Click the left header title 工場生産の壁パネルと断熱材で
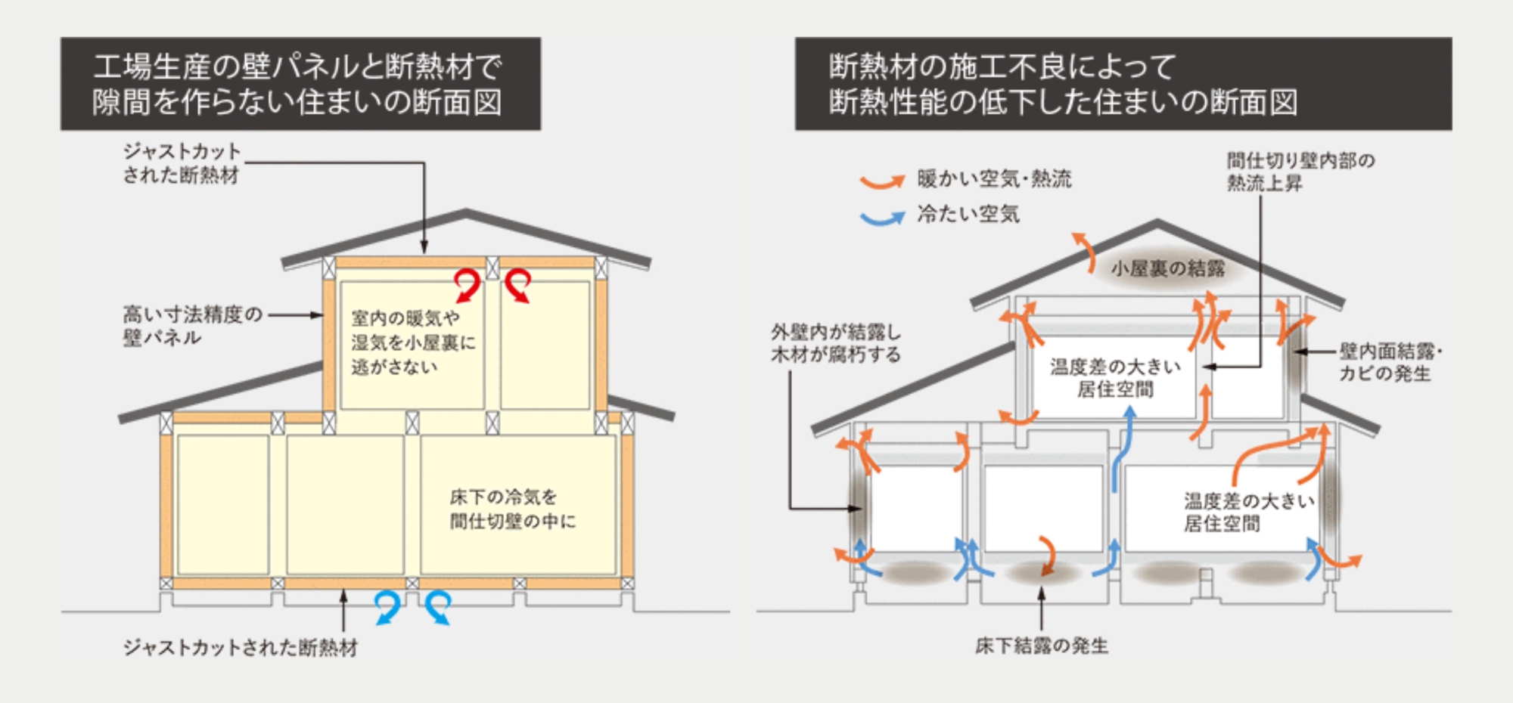[297, 67]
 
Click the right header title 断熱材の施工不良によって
[1002, 67]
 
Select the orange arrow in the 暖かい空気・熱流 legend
[882, 181]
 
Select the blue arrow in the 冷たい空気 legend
[882, 218]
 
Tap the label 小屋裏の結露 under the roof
[1167, 269]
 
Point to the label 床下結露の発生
[1041, 646]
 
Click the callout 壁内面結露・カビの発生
[1390, 362]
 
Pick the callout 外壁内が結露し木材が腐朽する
[836, 343]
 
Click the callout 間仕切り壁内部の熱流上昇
[1300, 172]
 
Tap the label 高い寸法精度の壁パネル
[192, 326]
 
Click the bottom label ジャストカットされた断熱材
[241, 648]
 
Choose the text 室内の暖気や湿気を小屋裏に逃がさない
[412, 342]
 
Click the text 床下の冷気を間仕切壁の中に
[512, 509]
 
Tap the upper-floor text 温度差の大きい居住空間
[1115, 378]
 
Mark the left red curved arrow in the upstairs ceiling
[468, 285]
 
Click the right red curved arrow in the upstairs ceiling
[518, 285]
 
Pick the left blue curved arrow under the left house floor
[388, 607]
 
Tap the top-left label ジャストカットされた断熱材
[182, 163]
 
